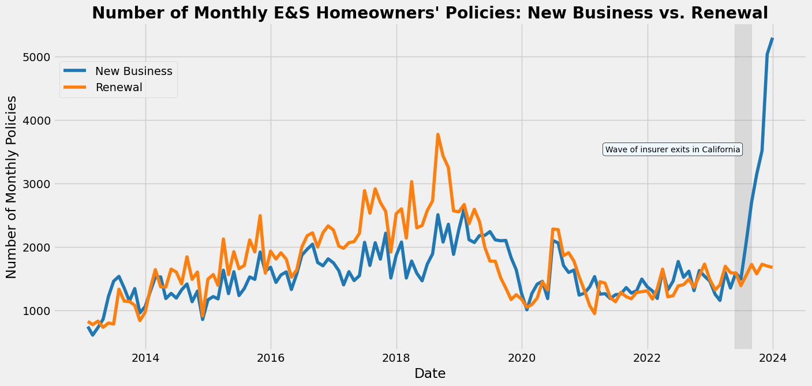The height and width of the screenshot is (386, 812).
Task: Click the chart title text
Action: [430, 13]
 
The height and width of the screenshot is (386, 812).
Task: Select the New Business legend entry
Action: [133, 71]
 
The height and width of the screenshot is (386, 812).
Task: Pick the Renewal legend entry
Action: [119, 87]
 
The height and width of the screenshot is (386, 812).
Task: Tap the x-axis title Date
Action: [430, 374]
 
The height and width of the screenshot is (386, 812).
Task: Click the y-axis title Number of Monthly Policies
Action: [12, 188]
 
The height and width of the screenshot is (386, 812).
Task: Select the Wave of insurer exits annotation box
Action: [672, 150]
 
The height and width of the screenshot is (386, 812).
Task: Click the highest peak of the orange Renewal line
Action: [438, 134]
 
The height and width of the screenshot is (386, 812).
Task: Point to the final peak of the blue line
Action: [772, 39]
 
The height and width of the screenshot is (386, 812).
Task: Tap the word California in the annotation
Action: [721, 150]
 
